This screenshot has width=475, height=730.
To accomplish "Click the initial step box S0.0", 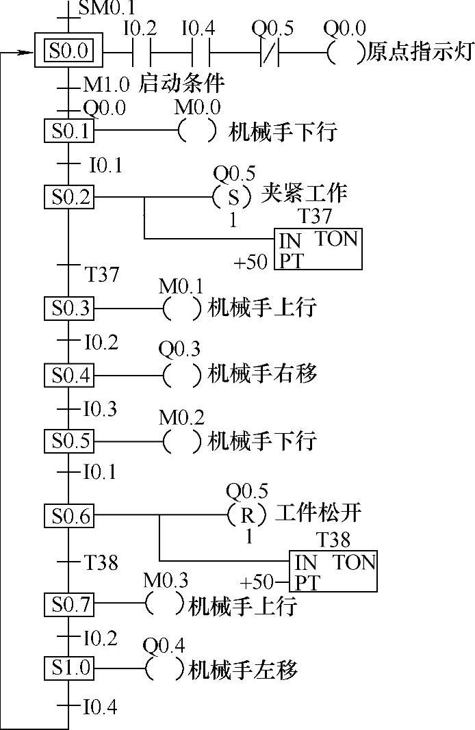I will point(68,51).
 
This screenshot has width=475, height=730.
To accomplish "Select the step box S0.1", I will point(68,131).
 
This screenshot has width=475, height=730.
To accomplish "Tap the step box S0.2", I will point(68,198).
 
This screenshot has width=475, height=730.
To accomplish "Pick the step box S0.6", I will point(68,516).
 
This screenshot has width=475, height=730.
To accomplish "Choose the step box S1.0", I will point(68,668).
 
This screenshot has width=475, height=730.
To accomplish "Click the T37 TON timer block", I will point(319,250).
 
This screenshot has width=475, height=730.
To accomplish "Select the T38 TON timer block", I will point(334,572).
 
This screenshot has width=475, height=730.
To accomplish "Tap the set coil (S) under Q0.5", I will point(234,198).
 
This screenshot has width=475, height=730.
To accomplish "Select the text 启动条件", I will point(181,85).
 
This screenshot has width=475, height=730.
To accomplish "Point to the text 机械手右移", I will point(262,374).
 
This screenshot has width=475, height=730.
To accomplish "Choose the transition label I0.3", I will point(100,409).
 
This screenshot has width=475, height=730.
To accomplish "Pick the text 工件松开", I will point(318,512).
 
